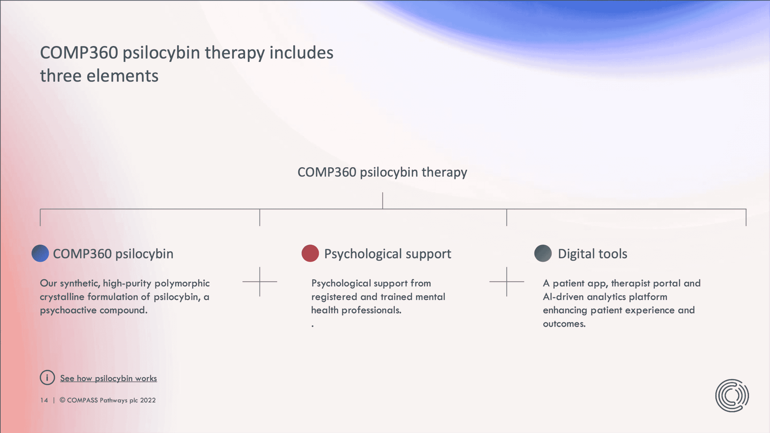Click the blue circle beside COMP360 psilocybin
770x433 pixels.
pyautogui.click(x=40, y=253)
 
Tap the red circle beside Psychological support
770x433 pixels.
pyautogui.click(x=310, y=253)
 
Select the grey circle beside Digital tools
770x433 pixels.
pyautogui.click(x=543, y=253)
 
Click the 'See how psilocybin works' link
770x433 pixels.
pyautogui.click(x=108, y=378)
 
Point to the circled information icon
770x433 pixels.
pyautogui.click(x=47, y=378)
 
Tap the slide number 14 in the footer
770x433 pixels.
pyautogui.click(x=44, y=400)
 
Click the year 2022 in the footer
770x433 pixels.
pyautogui.click(x=148, y=400)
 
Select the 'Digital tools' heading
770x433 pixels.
pyautogui.click(x=593, y=254)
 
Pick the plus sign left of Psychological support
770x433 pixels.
pyautogui.click(x=260, y=282)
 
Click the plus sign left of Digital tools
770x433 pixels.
pyautogui.click(x=507, y=282)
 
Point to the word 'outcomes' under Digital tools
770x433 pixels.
pyautogui.click(x=563, y=324)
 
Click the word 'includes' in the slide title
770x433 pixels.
pyautogui.click(x=301, y=53)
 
